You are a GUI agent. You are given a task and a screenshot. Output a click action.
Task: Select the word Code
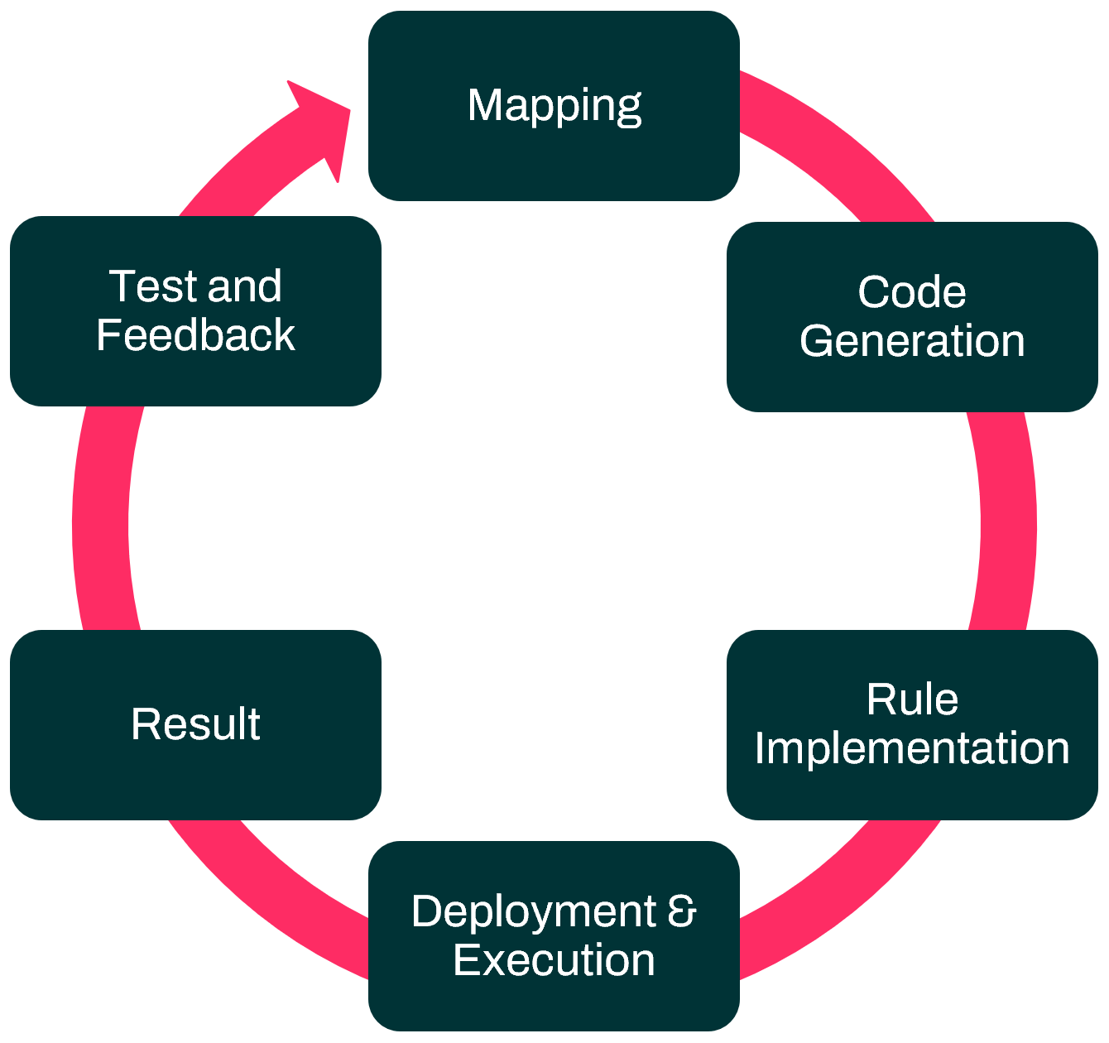(911, 292)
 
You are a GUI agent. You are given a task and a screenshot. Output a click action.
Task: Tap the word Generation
(912, 341)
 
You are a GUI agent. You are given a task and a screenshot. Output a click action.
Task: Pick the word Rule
(912, 700)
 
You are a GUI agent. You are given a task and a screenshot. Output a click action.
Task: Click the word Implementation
(912, 748)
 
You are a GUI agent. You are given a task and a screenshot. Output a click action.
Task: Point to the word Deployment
(533, 912)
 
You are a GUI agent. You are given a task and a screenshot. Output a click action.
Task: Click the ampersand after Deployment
(682, 911)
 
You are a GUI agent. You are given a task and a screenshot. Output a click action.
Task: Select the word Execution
(554, 960)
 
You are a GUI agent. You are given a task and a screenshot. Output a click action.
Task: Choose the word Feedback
(195, 335)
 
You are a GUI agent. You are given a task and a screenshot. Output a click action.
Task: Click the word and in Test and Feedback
(244, 286)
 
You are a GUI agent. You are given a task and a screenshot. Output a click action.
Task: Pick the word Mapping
(554, 106)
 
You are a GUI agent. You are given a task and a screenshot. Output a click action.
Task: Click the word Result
(195, 724)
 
